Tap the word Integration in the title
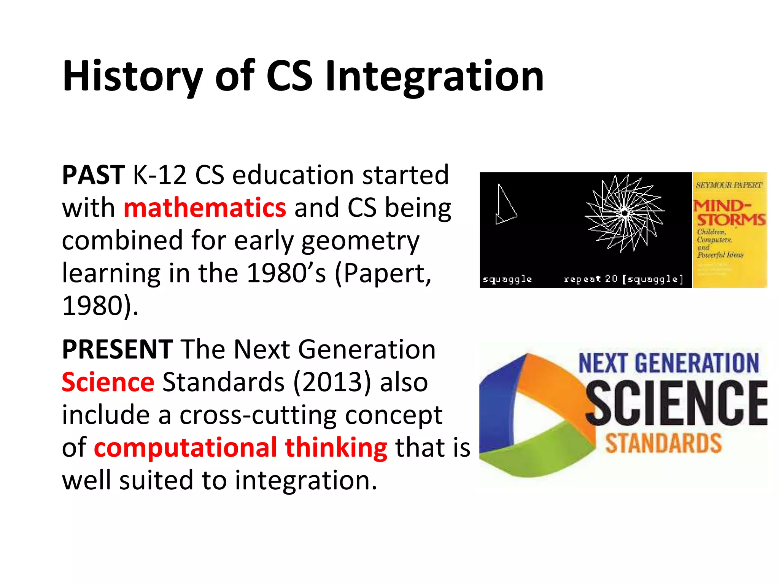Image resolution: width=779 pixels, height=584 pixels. pyautogui.click(x=434, y=77)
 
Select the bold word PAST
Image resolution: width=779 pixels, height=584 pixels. pyautogui.click(x=93, y=175)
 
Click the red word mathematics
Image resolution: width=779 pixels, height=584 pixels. pyautogui.click(x=205, y=208)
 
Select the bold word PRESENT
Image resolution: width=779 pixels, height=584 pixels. pyautogui.click(x=118, y=349)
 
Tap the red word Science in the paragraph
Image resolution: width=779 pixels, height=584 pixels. pyautogui.click(x=108, y=382)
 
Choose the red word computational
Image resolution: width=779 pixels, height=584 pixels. pyautogui.click(x=185, y=448)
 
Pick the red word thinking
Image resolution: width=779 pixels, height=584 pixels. pyautogui.click(x=336, y=448)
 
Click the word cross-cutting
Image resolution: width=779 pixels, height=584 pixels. pyautogui.click(x=258, y=415)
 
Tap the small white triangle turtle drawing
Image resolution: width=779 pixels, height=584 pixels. pyautogui.click(x=505, y=206)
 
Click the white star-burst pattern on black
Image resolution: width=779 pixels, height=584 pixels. pyautogui.click(x=625, y=213)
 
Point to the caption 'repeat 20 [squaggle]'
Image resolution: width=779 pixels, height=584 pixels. pyautogui.click(x=623, y=279)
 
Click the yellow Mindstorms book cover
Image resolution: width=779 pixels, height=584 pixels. pyautogui.click(x=730, y=230)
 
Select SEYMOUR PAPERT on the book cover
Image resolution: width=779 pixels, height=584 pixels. pyautogui.click(x=729, y=185)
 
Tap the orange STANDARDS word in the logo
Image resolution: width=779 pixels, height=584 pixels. pyautogui.click(x=663, y=443)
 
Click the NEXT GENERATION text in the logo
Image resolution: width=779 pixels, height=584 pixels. pyautogui.click(x=668, y=363)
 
